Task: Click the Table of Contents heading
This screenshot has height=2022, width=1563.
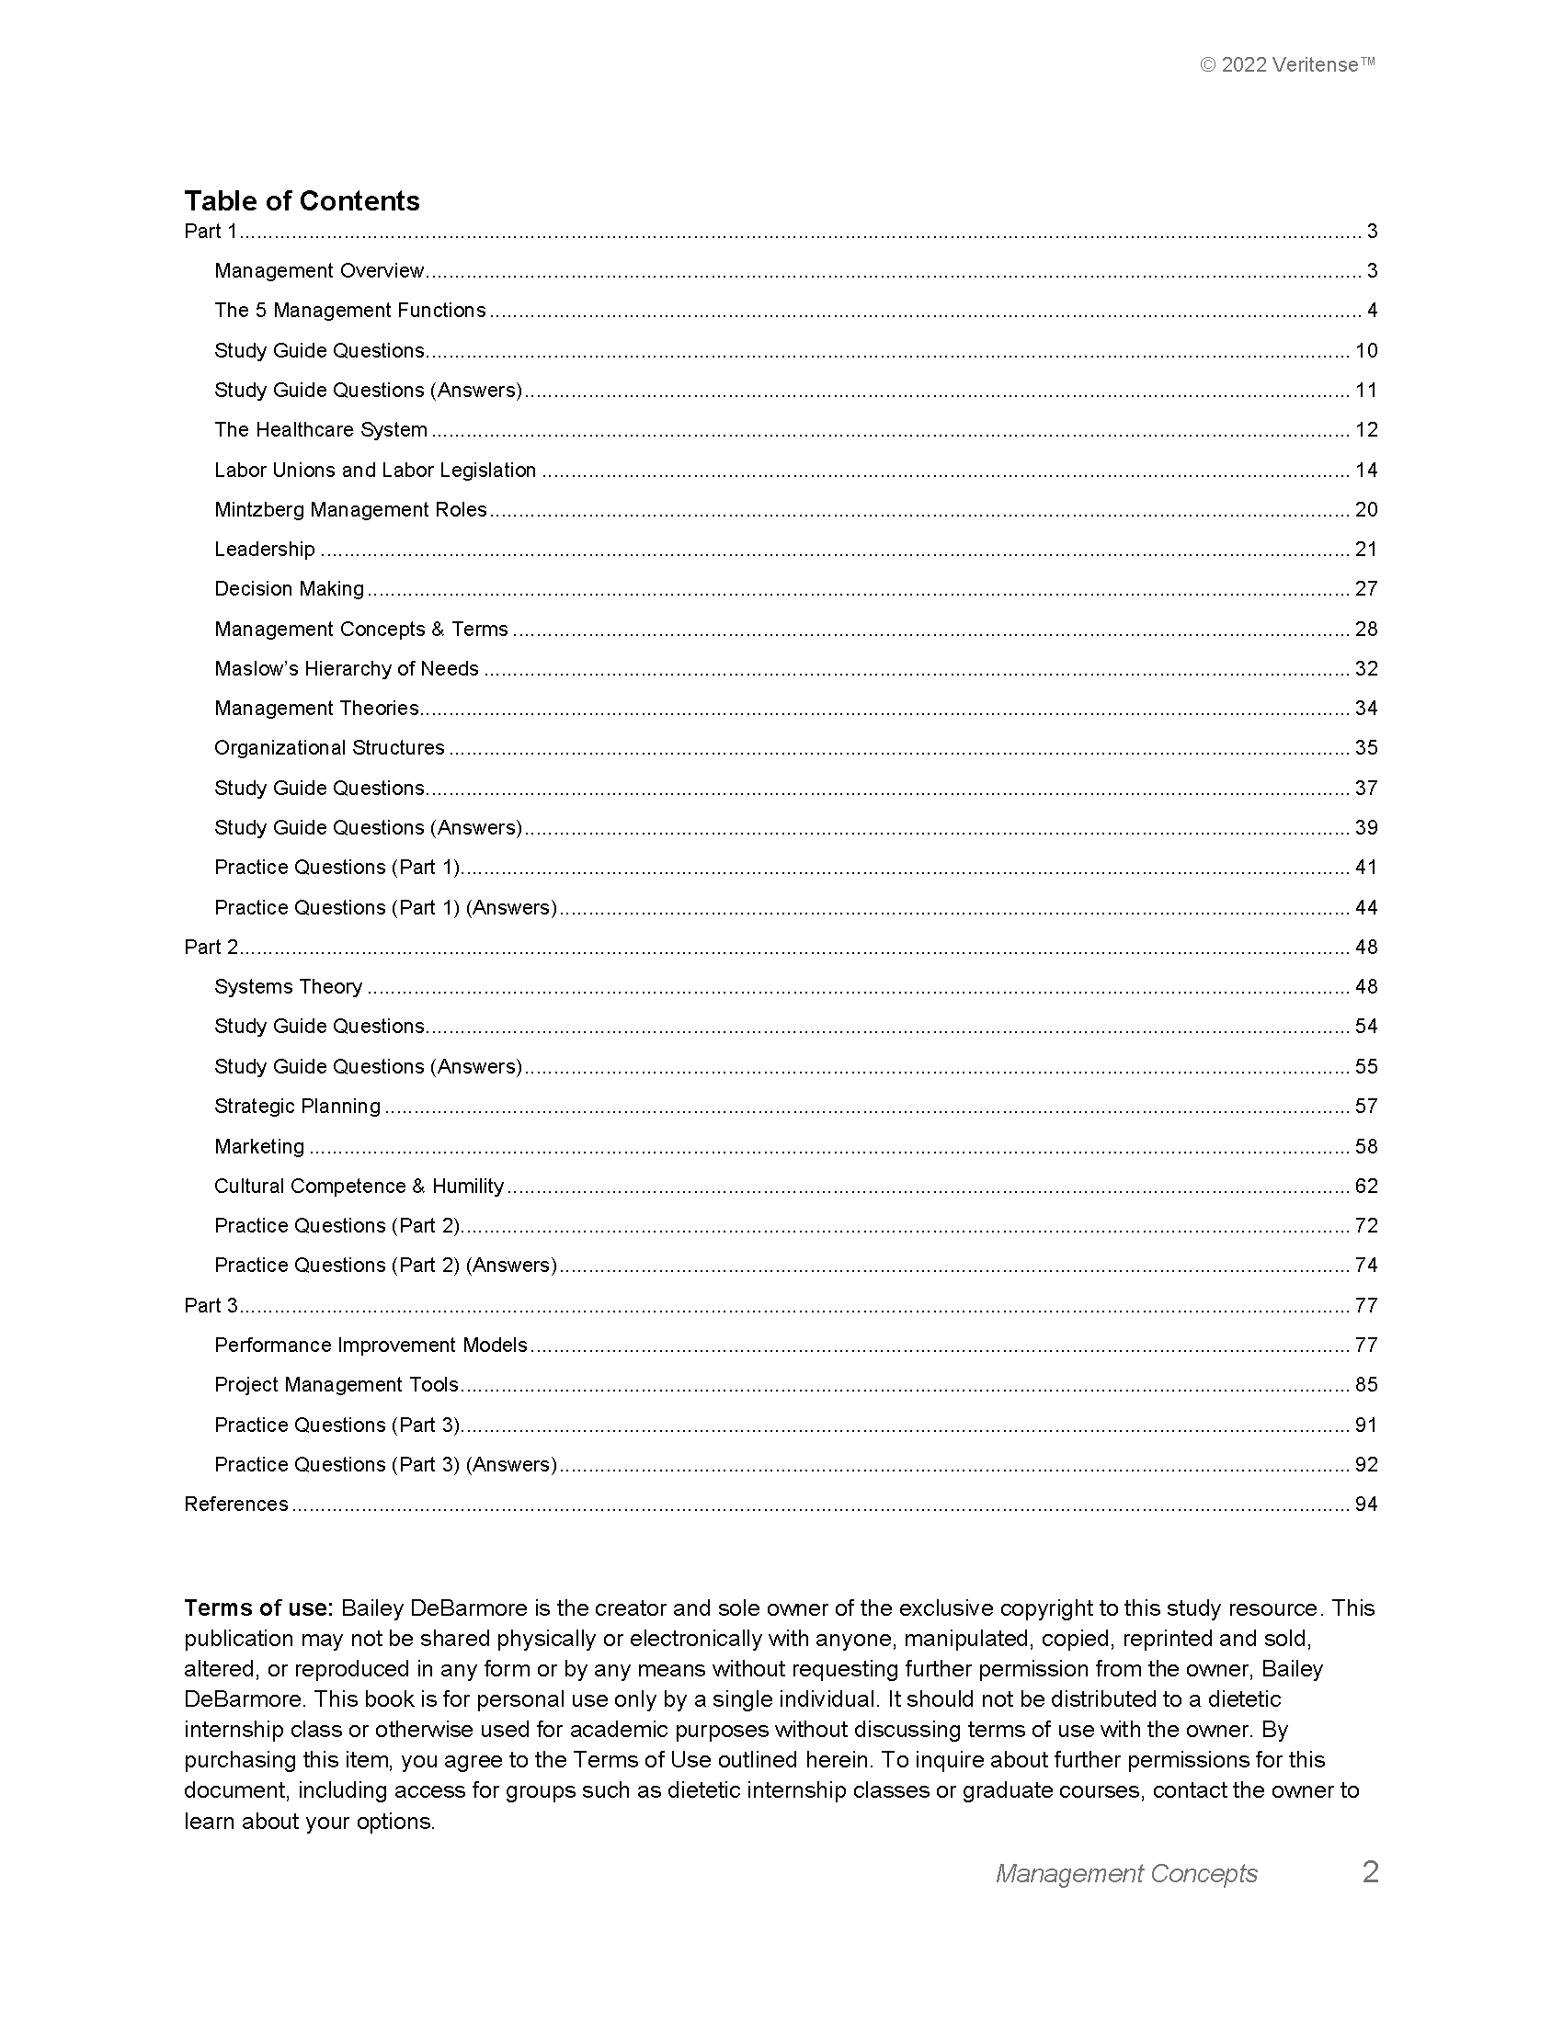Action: (301, 201)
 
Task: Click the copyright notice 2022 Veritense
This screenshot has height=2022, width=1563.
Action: (1287, 65)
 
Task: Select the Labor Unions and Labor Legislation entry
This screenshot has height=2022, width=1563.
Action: (375, 471)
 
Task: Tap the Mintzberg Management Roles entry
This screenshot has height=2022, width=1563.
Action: (350, 510)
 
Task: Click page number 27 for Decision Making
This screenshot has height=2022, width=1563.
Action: (1365, 589)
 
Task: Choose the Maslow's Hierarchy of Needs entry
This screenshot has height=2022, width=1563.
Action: (347, 668)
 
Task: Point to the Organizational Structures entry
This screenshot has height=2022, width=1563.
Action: (329, 747)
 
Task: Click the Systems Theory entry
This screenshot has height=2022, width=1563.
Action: (288, 986)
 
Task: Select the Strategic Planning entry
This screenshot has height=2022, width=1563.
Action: (297, 1106)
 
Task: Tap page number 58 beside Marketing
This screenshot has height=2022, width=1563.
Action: (1365, 1146)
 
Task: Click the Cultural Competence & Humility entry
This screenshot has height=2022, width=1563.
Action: (359, 1186)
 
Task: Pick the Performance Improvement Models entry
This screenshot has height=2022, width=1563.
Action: (371, 1345)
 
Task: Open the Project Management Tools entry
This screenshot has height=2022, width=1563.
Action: (337, 1384)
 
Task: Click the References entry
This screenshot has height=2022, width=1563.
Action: (236, 1504)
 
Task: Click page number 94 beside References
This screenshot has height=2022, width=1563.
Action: (1365, 1504)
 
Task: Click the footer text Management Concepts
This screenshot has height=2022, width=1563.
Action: (1126, 1874)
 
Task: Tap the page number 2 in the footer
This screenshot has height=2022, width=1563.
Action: (1371, 1872)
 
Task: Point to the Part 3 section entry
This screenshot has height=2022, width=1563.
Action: (211, 1305)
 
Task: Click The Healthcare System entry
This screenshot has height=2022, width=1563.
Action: (320, 429)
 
